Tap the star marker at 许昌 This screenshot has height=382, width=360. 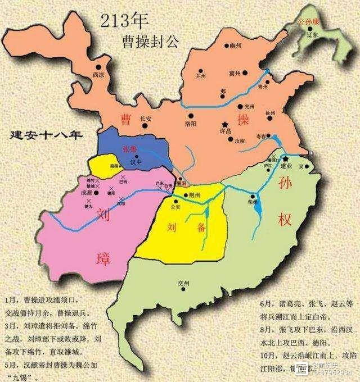[x=225, y=124]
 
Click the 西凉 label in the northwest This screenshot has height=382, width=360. [x=99, y=74]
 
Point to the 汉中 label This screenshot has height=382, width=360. [x=136, y=162]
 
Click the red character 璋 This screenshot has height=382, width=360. [x=103, y=258]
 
